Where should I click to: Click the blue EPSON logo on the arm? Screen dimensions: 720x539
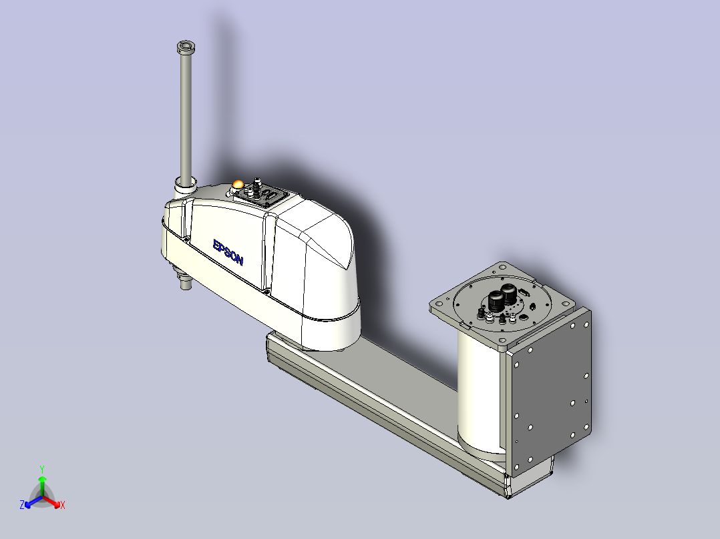228,252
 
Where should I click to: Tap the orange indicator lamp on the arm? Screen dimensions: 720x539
238,184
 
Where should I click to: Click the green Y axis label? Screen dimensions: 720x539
42,469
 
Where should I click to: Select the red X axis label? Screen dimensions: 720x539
63,505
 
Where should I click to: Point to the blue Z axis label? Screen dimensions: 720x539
22,505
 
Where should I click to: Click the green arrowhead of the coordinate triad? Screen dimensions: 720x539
42,479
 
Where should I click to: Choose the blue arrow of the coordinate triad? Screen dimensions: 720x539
33,502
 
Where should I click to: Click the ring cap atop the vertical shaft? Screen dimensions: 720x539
186,47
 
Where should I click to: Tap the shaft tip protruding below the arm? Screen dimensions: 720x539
186,284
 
